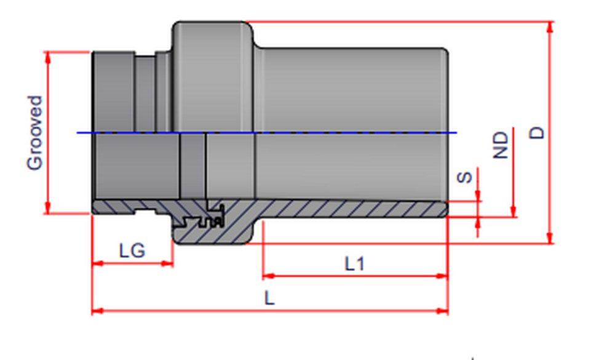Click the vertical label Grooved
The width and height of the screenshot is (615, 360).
pos(35,132)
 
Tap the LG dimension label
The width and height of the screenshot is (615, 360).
pos(132,250)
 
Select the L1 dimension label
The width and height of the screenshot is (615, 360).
pos(354,264)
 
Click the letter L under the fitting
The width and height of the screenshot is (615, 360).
pos(269,298)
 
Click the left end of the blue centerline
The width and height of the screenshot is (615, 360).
pos(79,132)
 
